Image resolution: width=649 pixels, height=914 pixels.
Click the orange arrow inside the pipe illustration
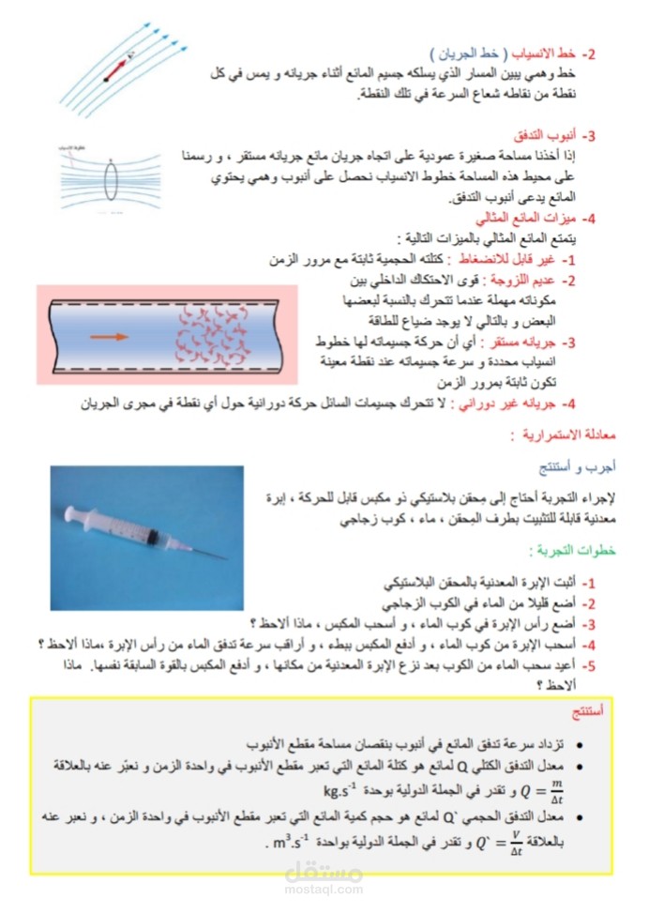point(111,335)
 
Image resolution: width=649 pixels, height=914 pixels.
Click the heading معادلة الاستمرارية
point(555,436)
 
